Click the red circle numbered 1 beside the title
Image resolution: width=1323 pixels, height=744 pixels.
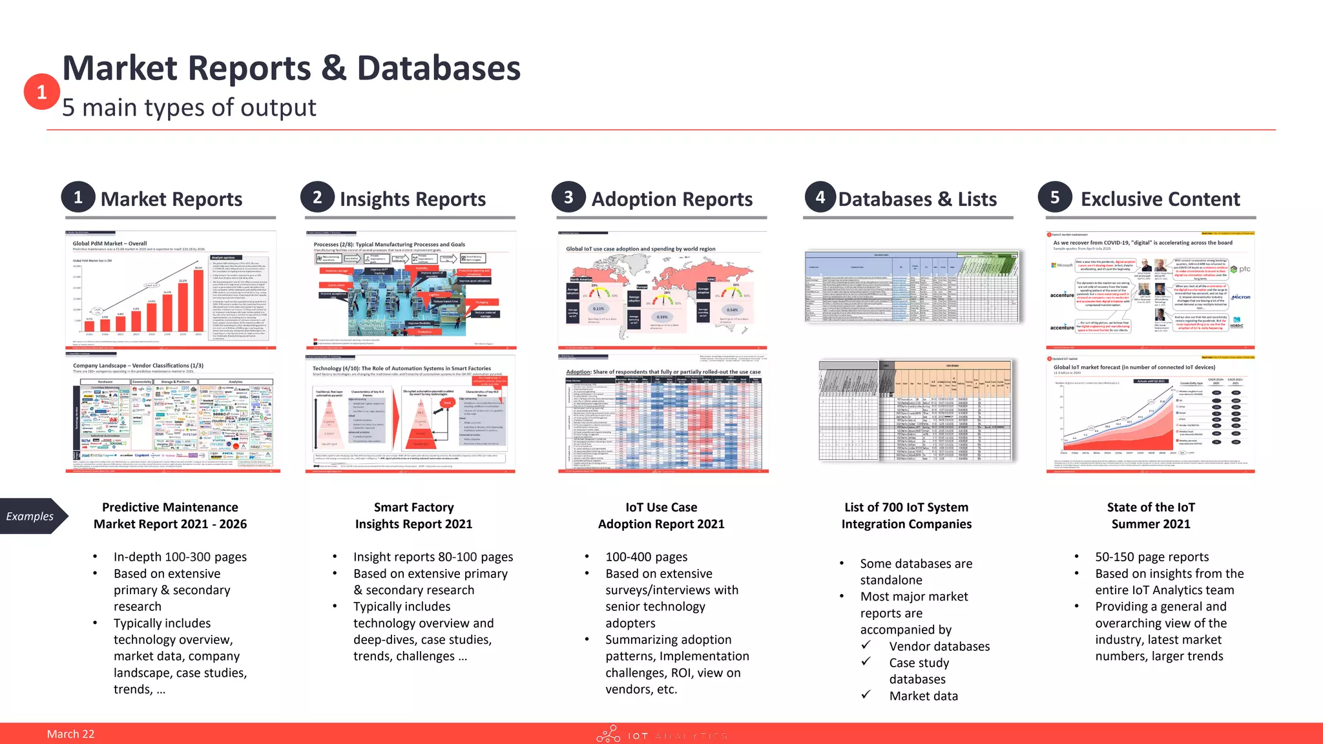41,92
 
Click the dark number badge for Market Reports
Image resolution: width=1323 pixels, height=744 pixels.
78,197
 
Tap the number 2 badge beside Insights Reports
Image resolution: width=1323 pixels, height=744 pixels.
317,197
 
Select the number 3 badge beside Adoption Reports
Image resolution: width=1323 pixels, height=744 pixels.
568,197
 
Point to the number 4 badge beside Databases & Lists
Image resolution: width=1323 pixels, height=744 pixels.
820,197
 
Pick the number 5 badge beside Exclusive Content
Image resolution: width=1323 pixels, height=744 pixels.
1055,197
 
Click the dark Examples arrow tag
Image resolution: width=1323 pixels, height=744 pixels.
32,516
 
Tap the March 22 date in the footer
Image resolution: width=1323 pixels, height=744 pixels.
70,734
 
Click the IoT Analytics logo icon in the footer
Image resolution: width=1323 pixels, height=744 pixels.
608,734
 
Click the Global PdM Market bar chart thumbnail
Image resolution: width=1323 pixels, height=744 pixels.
171,289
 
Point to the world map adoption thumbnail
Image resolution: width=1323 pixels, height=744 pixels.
662,289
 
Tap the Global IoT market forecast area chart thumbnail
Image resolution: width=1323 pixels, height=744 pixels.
1151,413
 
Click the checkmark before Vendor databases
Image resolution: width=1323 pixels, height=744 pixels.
866,645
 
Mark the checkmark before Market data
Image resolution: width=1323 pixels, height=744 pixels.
866,695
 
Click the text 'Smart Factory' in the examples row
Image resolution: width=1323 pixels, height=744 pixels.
413,507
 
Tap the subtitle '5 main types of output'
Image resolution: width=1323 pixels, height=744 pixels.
189,108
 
